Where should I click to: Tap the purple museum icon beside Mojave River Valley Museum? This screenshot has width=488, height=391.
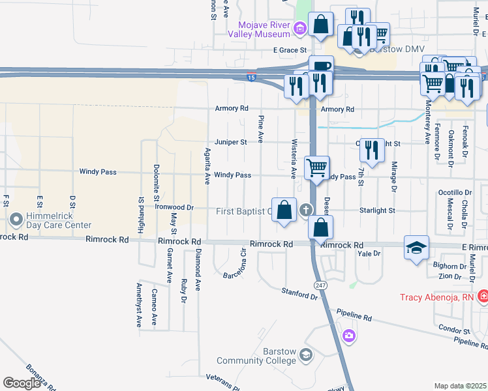(x=299, y=27)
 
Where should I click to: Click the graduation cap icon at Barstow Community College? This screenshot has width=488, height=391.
(x=306, y=356)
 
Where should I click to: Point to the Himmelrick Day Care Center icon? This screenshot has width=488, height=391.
(x=16, y=220)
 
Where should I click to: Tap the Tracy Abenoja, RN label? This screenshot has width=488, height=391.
(x=437, y=298)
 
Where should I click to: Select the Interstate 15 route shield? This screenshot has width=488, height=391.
(x=252, y=78)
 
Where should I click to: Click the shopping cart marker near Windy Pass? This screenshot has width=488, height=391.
(x=317, y=167)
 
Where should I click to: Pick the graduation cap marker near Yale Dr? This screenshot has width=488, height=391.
(x=416, y=248)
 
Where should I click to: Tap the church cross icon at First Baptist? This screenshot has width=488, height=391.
(x=305, y=210)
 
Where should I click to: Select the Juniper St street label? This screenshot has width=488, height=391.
(x=231, y=142)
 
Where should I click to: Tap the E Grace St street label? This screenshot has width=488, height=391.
(x=290, y=50)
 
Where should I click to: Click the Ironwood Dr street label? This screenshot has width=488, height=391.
(x=175, y=207)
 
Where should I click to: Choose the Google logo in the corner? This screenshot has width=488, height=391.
(x=22, y=383)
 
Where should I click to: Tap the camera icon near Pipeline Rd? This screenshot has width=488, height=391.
(x=349, y=336)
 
